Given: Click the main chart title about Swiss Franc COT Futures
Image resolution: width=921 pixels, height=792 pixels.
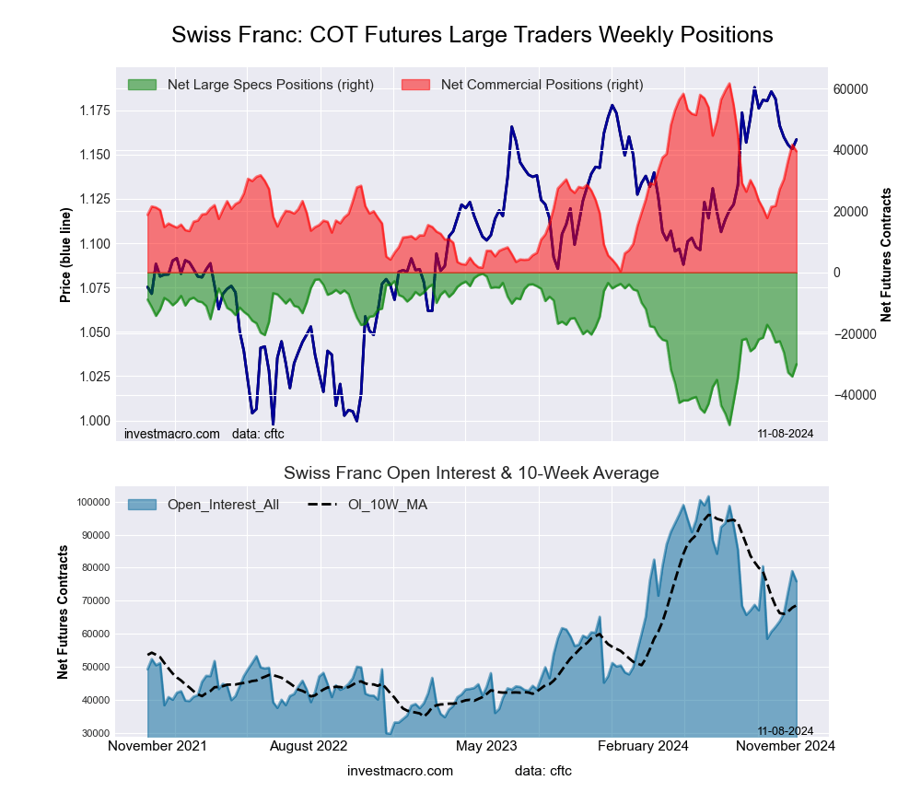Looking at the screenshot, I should (472, 35).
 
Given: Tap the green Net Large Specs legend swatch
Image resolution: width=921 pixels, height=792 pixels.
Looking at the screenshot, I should (143, 85).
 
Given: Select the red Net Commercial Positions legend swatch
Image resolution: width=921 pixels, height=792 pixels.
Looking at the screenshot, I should (416, 85).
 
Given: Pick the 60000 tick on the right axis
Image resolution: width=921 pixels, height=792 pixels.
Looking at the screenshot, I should (851, 89).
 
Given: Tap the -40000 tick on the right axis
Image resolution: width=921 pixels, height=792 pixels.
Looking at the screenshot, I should (851, 395).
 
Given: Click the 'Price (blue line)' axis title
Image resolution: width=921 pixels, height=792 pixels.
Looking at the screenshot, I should (65, 255).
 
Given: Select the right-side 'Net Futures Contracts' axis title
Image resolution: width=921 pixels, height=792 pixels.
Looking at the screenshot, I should (887, 255).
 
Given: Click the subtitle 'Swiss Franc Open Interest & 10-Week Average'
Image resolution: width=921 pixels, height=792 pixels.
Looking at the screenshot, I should (471, 473).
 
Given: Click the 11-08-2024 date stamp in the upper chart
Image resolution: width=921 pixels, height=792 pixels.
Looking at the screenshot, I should (779, 433).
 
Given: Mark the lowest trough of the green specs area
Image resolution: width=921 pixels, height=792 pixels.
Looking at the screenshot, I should (729, 425).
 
